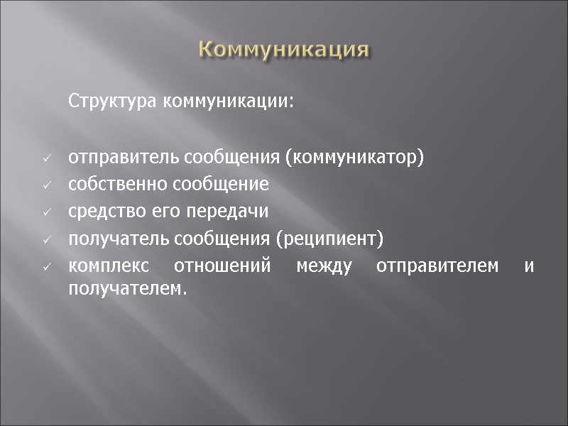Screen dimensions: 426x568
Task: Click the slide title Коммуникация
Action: coord(284,50)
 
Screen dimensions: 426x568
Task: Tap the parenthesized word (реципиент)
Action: coord(333,239)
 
